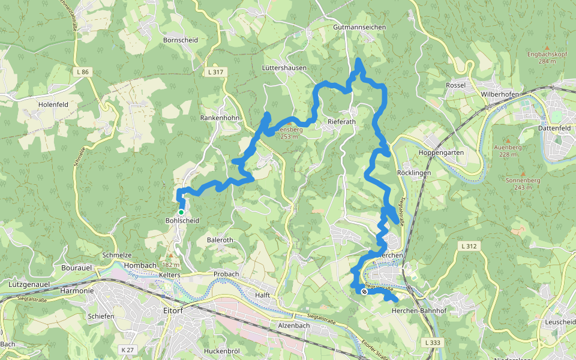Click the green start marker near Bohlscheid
pos(181,212)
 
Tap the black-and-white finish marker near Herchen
pos(364,292)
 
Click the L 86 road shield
pos(83,72)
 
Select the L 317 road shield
pos(217,72)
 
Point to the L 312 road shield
pos(469,246)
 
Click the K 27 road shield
pos(127,349)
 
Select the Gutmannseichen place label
pos(359,28)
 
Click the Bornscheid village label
pos(180,40)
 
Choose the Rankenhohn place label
pos(220,118)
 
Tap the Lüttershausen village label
pos(284,68)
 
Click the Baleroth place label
pos(220,240)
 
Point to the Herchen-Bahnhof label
pos(419,311)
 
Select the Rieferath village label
pos(342,121)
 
